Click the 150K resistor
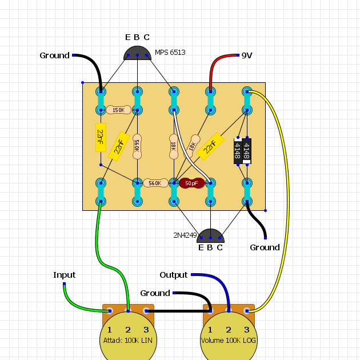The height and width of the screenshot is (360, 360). (118, 110)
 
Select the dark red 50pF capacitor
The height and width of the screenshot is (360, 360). (191, 183)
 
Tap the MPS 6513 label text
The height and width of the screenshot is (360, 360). (170, 53)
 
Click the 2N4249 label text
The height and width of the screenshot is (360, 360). (185, 235)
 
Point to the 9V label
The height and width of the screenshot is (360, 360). (247, 55)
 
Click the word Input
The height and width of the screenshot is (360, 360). (64, 275)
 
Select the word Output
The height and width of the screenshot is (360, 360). (174, 275)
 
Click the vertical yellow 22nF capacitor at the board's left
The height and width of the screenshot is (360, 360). (101, 137)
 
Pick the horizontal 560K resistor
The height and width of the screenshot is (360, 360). (155, 183)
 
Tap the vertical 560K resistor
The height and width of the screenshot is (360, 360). (137, 146)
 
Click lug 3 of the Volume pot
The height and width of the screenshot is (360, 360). (247, 311)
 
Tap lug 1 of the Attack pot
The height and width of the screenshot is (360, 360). (110, 311)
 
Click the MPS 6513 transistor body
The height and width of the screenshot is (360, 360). (137, 53)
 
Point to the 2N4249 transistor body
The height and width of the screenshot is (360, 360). (210, 236)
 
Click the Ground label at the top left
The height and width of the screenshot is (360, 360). (54, 55)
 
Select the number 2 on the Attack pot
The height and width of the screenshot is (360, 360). (128, 330)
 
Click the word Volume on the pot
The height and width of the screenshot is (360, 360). (213, 340)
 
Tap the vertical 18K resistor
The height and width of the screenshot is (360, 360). (174, 146)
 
